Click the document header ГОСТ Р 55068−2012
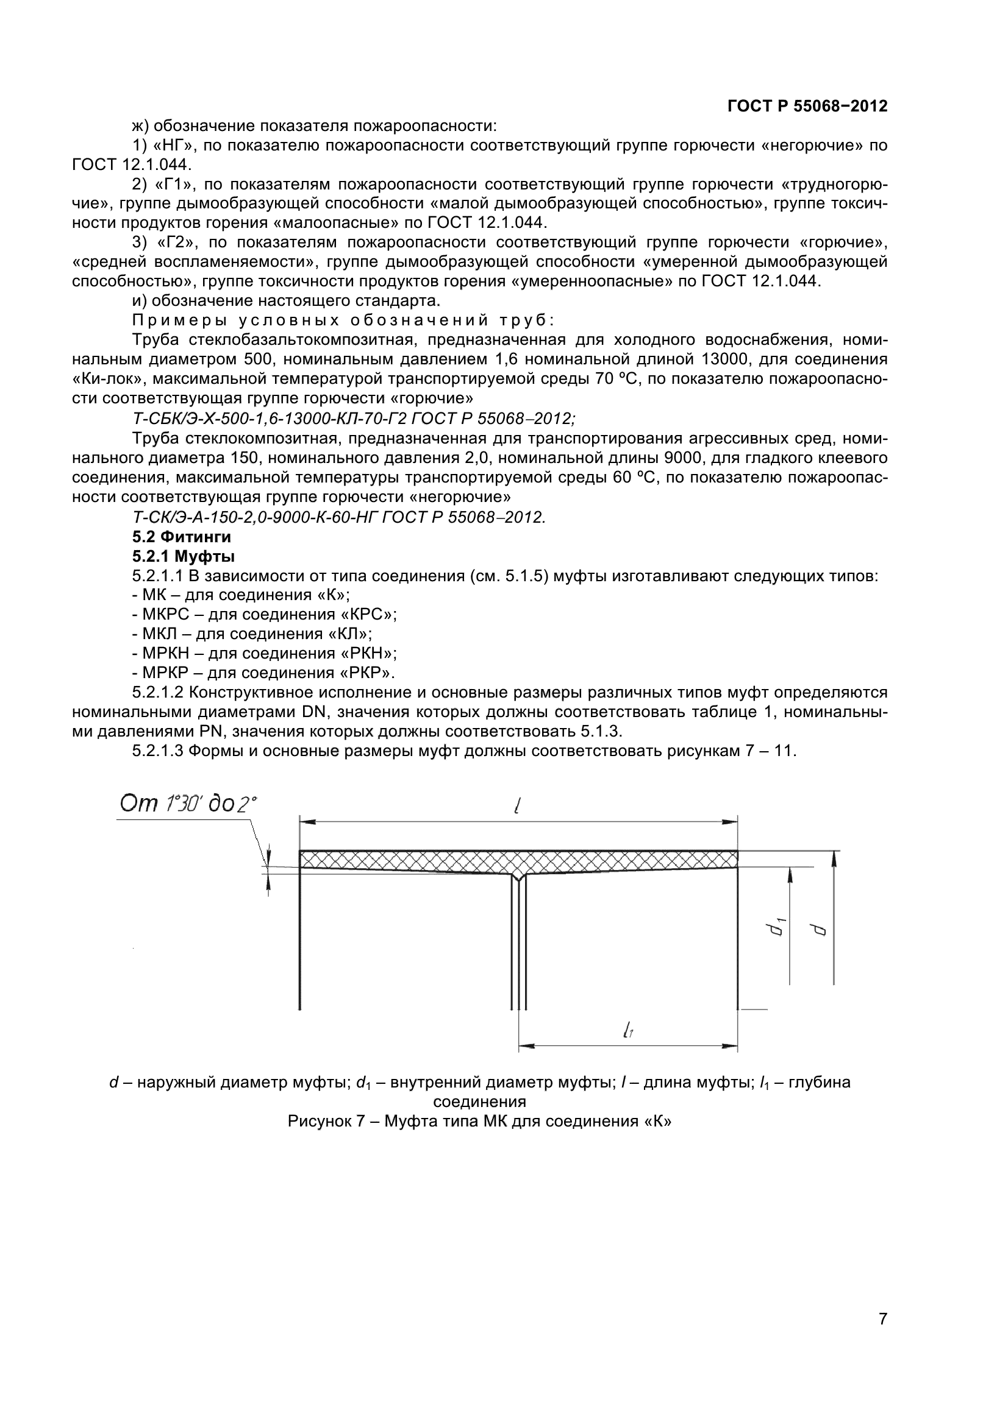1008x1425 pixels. (807, 106)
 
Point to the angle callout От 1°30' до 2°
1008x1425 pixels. (188, 804)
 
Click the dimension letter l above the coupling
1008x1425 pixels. (517, 806)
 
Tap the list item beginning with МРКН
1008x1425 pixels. (265, 654)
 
